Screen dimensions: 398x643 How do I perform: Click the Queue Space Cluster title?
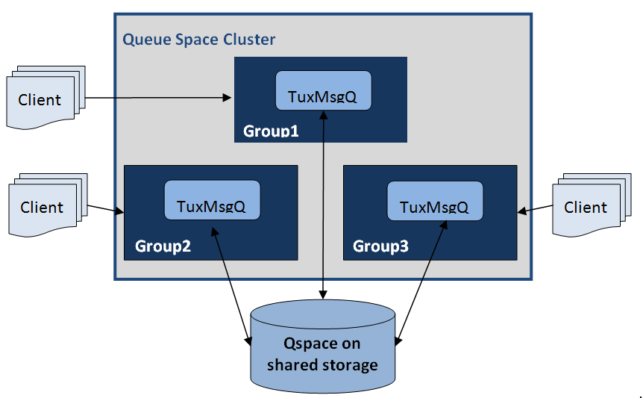coord(198,40)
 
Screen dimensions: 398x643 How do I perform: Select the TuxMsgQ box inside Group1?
coord(323,91)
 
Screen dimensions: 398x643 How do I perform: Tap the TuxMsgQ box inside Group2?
coord(212,200)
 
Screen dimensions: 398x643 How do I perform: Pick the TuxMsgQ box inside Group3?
coord(435,200)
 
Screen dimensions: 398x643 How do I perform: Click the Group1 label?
coord(271,131)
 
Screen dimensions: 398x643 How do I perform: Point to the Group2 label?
coord(163,246)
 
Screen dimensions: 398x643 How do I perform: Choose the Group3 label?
coord(380,246)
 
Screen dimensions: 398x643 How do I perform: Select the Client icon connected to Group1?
coord(42,99)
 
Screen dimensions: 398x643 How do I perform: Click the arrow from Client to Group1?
coord(157,97)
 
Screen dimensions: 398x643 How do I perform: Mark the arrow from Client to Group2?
coord(105,209)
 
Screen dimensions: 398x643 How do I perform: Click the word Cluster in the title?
coord(249,40)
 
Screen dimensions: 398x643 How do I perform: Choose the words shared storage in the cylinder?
coord(321,365)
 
